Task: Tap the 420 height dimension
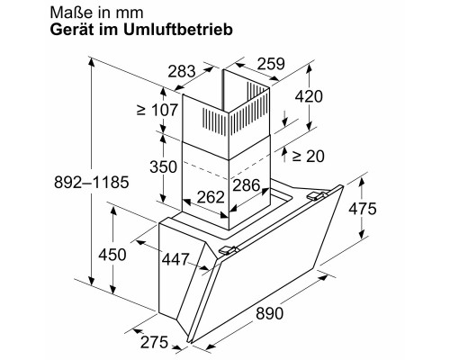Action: pos(310,97)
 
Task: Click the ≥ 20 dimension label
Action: pos(309,156)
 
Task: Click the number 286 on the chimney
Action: pos(245,186)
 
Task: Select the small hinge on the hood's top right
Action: pos(316,193)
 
